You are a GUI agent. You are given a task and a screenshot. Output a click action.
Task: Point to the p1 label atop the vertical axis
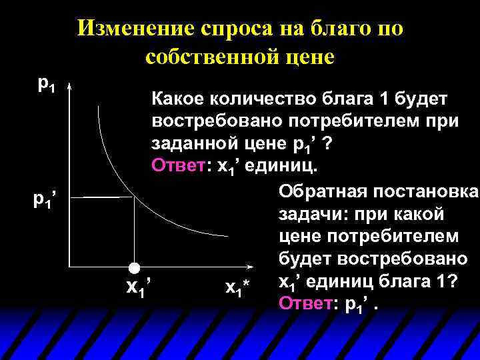47,84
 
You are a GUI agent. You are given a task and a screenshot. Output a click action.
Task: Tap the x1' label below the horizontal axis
140,287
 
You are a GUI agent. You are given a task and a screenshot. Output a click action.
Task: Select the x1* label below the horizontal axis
237,288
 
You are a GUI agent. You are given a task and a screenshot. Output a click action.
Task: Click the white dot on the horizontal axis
135,268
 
